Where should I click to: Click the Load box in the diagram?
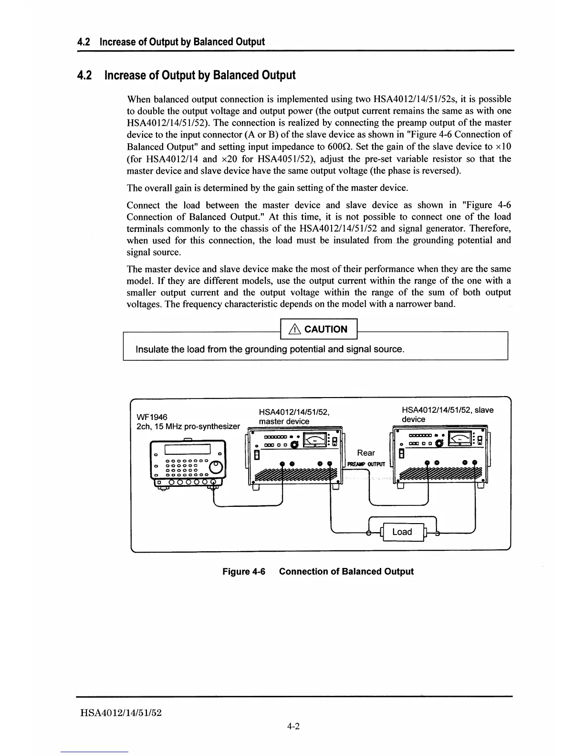point(402,532)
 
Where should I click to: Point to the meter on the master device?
point(315,440)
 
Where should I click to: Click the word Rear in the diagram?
point(366,453)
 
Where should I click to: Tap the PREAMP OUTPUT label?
point(366,464)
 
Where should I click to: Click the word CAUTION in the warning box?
point(326,329)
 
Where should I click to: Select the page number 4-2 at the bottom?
point(293,727)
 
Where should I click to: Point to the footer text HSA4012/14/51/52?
point(121,713)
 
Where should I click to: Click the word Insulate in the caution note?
point(153,349)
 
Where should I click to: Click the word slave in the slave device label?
point(485,410)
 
